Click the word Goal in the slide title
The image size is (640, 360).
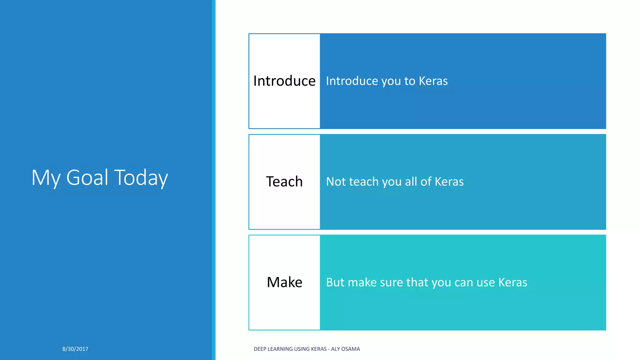(x=87, y=177)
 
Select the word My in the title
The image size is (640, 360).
(x=46, y=177)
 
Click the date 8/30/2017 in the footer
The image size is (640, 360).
(x=75, y=349)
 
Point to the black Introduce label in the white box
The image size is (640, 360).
(x=284, y=81)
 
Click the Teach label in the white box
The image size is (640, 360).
(x=284, y=182)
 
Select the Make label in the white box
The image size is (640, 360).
(x=284, y=282)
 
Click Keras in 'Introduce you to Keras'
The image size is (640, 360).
(x=433, y=81)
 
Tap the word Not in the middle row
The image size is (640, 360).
(x=335, y=182)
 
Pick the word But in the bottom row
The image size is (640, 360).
(x=335, y=282)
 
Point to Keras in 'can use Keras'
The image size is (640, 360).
(x=513, y=282)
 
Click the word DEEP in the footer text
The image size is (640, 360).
(x=260, y=349)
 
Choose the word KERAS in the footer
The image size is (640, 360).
(x=319, y=349)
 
